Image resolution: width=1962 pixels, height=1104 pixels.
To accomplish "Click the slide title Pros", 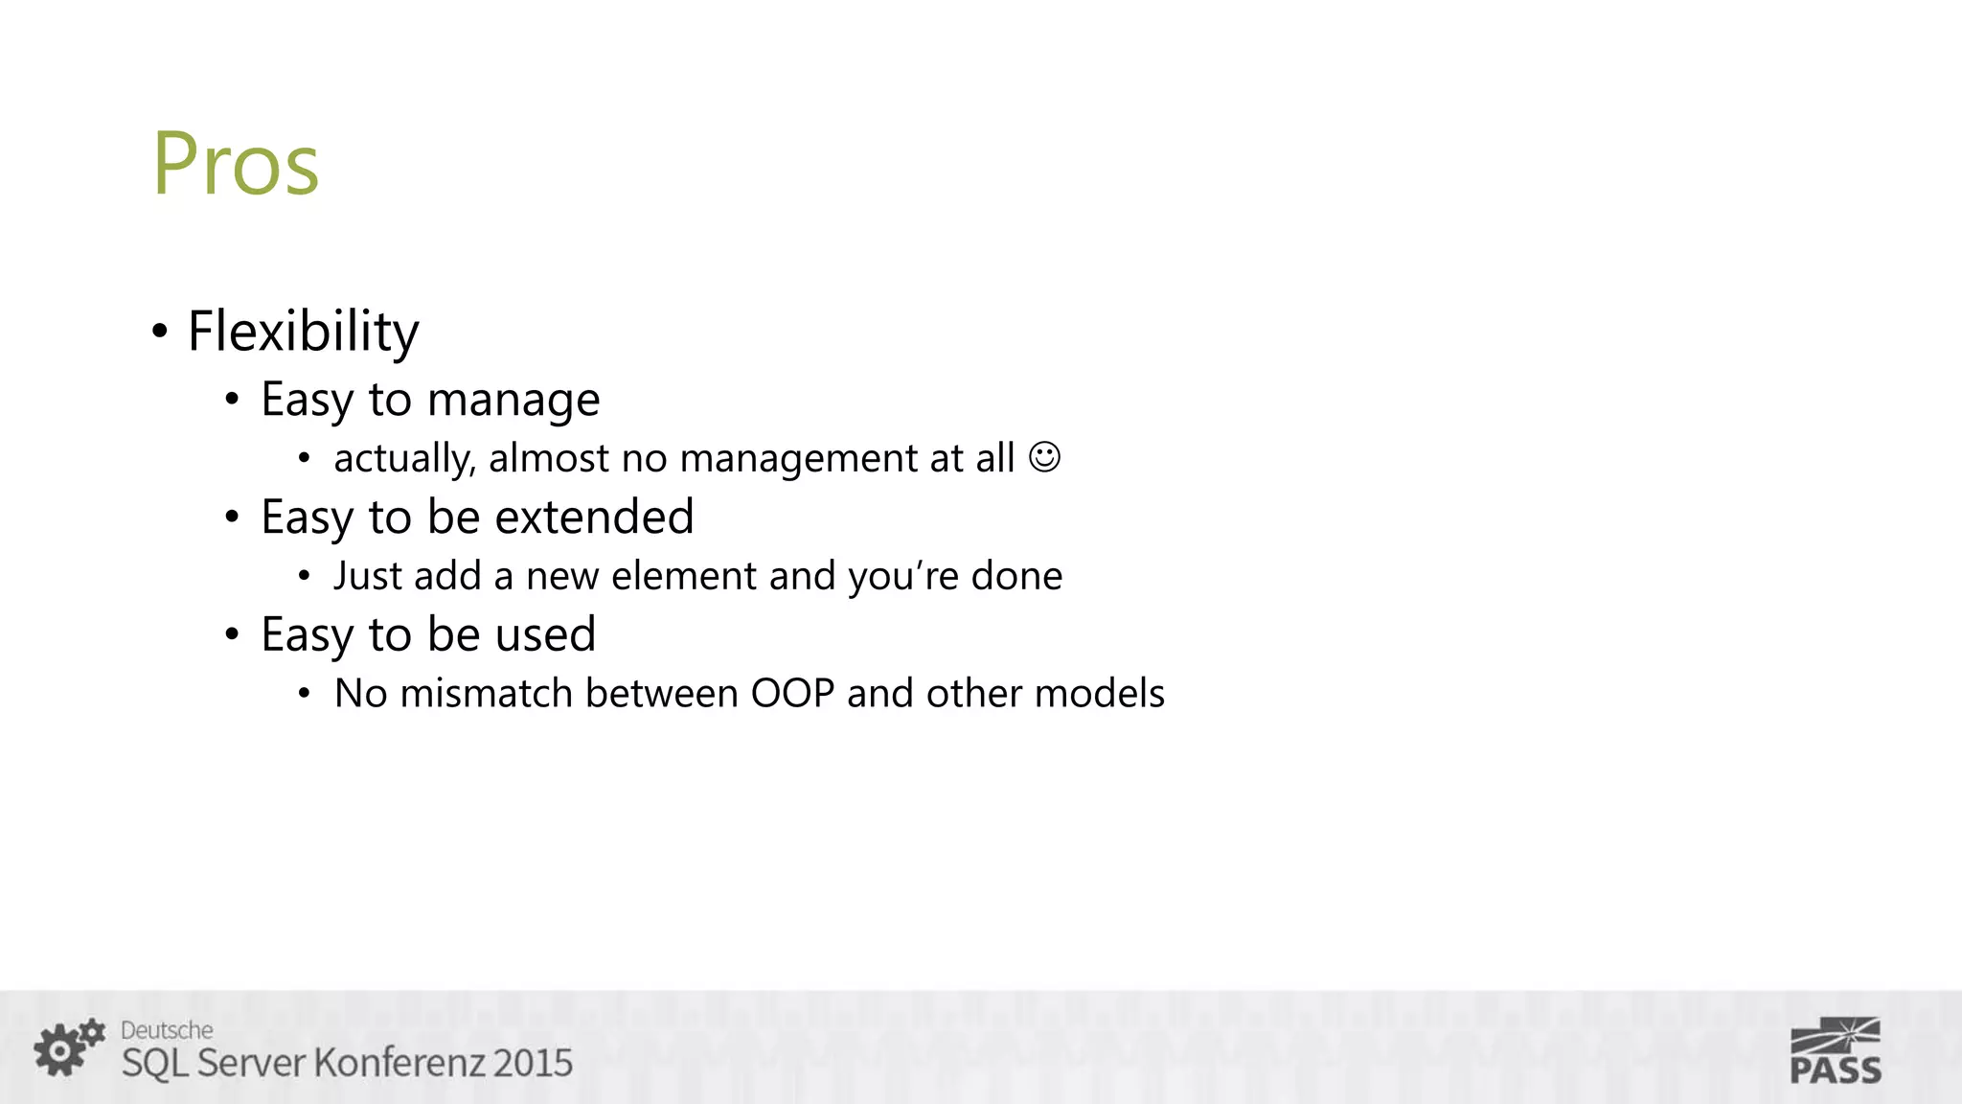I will (236, 164).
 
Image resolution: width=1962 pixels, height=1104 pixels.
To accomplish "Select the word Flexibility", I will (303, 332).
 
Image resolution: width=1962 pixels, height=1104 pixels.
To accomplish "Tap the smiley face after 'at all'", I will (1044, 456).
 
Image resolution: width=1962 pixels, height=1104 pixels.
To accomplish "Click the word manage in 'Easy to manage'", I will (513, 400).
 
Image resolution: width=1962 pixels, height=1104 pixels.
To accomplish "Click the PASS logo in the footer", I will (1835, 1051).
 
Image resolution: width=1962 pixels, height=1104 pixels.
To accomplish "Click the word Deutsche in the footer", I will (167, 1030).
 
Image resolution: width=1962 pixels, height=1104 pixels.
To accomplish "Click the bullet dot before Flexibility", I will (160, 332).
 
